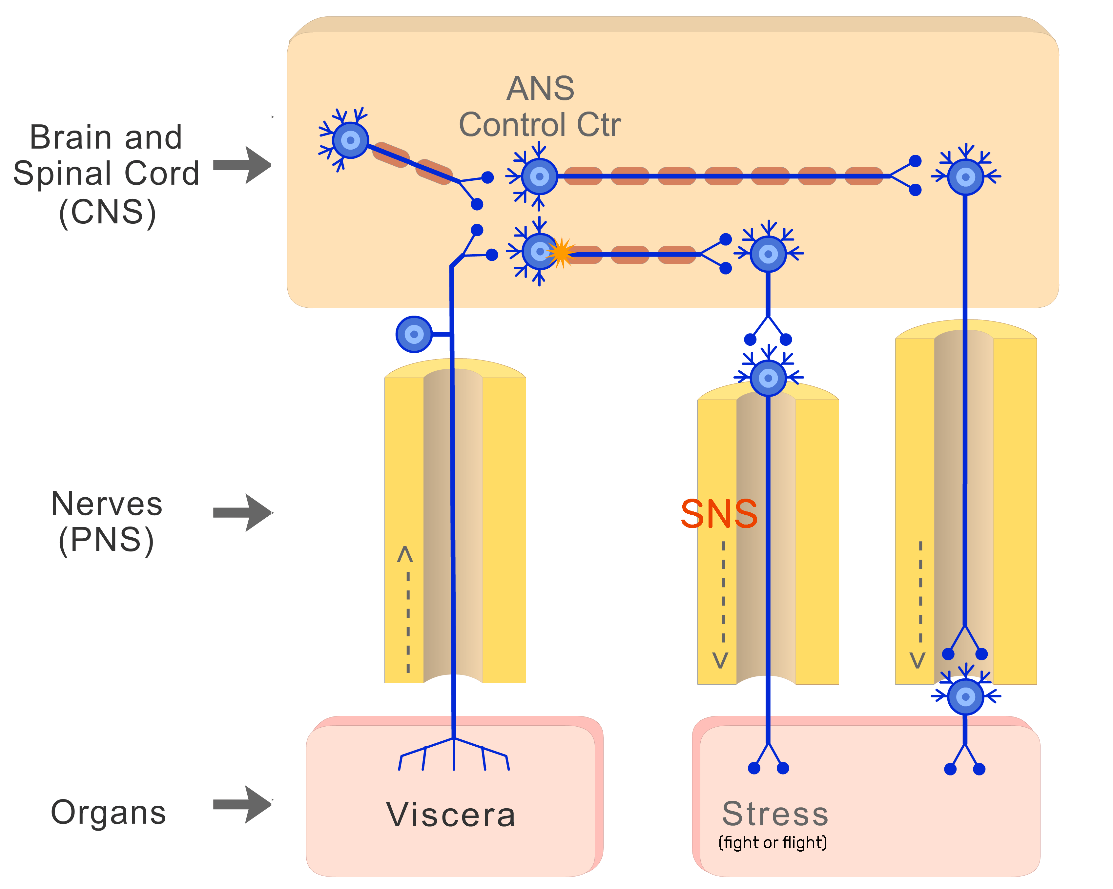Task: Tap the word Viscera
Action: tap(451, 815)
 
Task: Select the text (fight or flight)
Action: tap(772, 842)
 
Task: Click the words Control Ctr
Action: tap(540, 125)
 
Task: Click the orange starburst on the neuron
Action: tap(560, 253)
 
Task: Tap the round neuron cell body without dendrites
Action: tap(414, 334)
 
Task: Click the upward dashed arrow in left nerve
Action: tap(407, 609)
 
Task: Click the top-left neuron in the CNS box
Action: tap(351, 140)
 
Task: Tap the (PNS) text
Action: tap(106, 541)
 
